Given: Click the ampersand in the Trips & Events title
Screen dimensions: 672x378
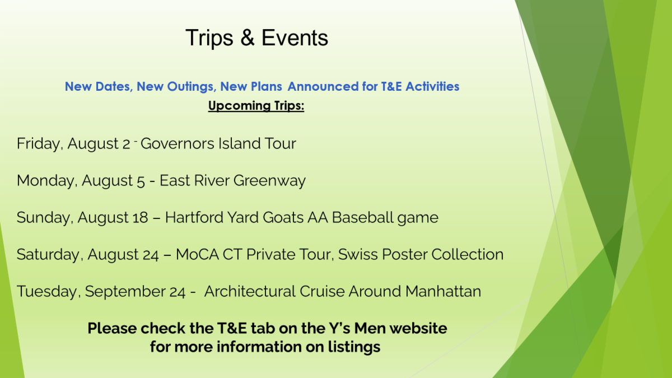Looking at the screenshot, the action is [x=248, y=38].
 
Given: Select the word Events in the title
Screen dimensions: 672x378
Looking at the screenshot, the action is [x=295, y=38].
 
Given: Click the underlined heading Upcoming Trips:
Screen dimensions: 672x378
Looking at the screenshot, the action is [x=256, y=106].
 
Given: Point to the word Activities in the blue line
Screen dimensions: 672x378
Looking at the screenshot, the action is [x=432, y=86].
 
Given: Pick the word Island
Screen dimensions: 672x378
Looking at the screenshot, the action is [x=240, y=143].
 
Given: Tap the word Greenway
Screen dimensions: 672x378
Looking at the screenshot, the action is [x=269, y=181].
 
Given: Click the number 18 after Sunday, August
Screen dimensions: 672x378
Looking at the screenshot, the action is [x=140, y=217].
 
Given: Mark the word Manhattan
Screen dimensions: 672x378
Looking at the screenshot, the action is [x=443, y=291].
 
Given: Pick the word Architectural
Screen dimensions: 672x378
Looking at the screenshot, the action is [x=250, y=291].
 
